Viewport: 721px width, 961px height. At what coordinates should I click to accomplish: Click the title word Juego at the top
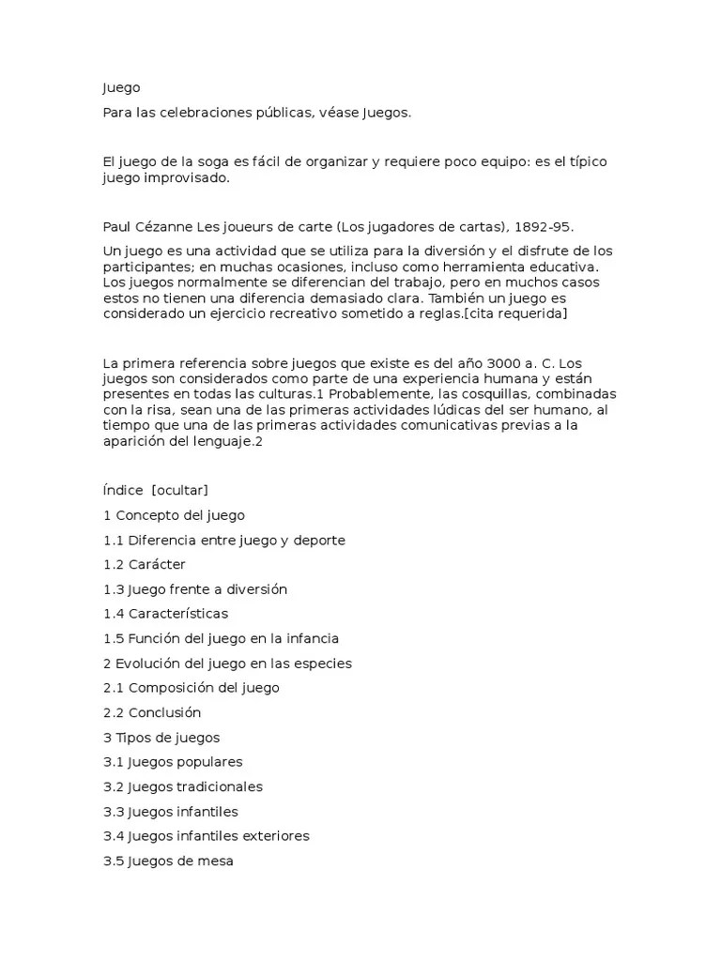pos(121,88)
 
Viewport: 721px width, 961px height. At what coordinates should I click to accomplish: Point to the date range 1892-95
pos(539,227)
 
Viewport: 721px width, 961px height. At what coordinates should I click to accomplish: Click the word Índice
pos(123,491)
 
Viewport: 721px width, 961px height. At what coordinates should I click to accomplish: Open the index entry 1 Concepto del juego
pos(174,515)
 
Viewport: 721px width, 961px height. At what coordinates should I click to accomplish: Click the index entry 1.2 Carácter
pos(145,565)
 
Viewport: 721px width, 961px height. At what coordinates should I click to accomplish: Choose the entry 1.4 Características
pos(165,614)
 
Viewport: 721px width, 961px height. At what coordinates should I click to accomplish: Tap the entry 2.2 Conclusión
pos(152,712)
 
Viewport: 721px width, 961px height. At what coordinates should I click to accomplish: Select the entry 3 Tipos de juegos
pos(161,738)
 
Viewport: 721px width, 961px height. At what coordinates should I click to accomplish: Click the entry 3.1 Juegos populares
pos(173,762)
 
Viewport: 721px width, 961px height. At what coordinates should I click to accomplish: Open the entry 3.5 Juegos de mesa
pos(168,861)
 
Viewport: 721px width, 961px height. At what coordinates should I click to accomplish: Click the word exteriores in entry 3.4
pos(275,836)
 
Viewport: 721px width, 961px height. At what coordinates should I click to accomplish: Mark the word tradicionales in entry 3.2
pos(221,786)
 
